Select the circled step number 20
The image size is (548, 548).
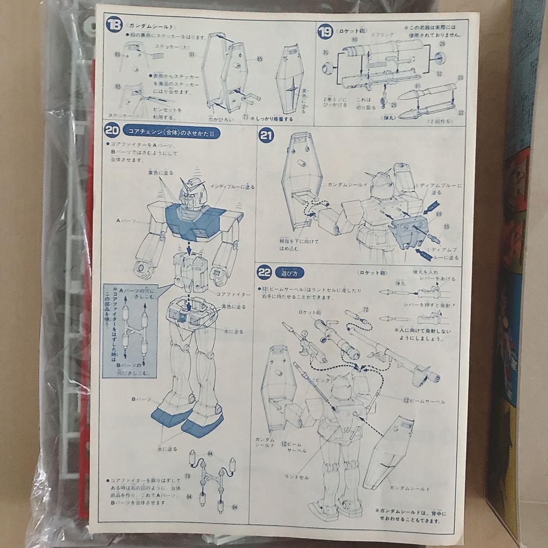(x=112, y=129)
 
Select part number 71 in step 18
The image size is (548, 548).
(x=246, y=117)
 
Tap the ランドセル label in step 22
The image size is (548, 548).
(x=297, y=477)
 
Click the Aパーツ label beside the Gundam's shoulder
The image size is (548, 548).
(x=124, y=221)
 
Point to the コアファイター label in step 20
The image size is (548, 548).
(x=233, y=294)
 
